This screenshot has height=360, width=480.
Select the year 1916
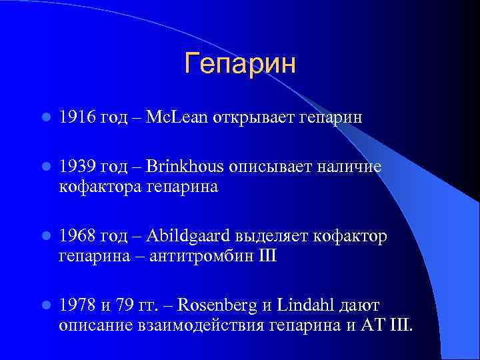tap(77, 118)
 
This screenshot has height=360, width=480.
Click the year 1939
tap(77, 167)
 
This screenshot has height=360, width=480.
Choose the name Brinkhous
tap(186, 167)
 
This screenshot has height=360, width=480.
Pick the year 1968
tap(77, 237)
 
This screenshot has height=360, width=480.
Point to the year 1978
tap(77, 306)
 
